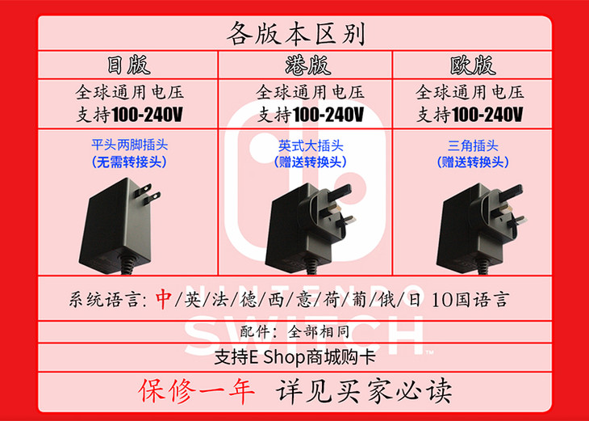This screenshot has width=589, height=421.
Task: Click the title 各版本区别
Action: pyautogui.click(x=295, y=33)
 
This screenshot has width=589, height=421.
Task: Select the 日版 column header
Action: pyautogui.click(x=129, y=65)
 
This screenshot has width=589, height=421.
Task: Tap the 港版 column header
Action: pyautogui.click(x=307, y=65)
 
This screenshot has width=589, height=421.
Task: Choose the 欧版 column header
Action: pyautogui.click(x=473, y=65)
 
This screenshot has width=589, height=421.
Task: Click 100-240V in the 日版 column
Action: pyautogui.click(x=147, y=114)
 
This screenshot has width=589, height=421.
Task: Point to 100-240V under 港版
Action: pyautogui.click(x=328, y=114)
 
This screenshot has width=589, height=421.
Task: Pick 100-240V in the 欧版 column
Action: pyautogui.click(x=487, y=114)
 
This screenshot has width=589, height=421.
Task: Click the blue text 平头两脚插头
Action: pyautogui.click(x=129, y=145)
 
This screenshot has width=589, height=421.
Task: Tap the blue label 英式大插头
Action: pyautogui.click(x=311, y=145)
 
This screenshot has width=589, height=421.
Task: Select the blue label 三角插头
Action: pyautogui.click(x=473, y=145)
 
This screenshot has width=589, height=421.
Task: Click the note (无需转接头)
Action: pyautogui.click(x=129, y=162)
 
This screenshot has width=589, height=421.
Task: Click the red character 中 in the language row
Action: pyautogui.click(x=164, y=300)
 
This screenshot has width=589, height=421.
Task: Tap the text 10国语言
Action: pyautogui.click(x=470, y=300)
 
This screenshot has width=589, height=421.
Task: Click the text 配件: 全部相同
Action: pyautogui.click(x=294, y=332)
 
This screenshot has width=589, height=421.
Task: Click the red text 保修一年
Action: pyautogui.click(x=196, y=391)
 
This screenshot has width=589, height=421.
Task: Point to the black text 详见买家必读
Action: pyautogui.click(x=363, y=391)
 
